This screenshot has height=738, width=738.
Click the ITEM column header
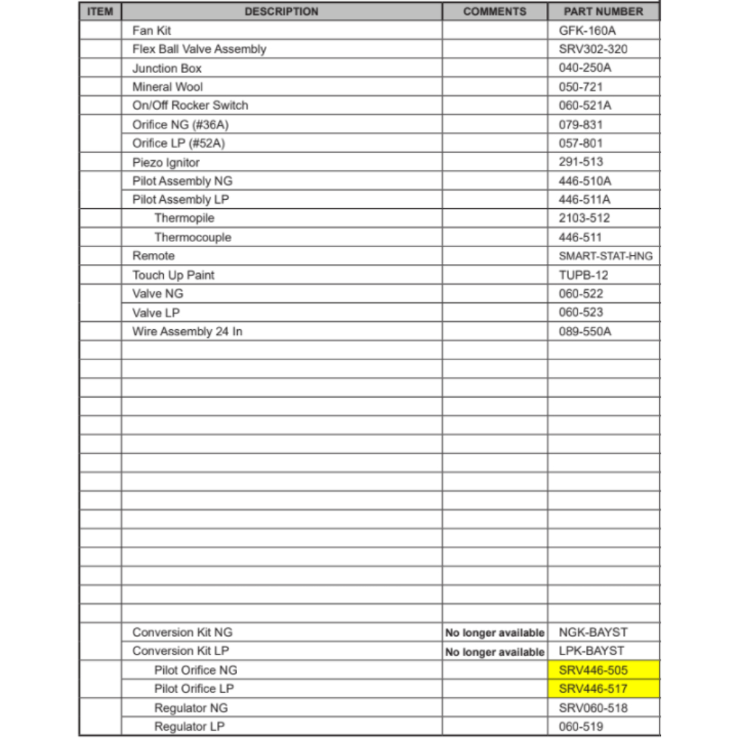click(100, 12)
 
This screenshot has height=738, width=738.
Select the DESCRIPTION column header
click(281, 12)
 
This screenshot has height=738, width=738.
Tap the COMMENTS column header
click(494, 12)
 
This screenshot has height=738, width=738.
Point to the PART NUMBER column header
click(603, 12)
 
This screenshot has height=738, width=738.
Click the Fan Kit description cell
click(152, 31)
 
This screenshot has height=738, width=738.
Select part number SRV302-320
click(593, 49)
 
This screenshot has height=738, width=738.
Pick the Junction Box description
click(167, 68)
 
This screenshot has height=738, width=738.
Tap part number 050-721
click(581, 87)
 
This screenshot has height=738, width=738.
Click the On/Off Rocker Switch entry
click(190, 106)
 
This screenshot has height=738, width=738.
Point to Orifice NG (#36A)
click(176, 125)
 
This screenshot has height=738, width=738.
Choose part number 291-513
click(581, 162)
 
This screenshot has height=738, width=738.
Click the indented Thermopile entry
click(184, 218)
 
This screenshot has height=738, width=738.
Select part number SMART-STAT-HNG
click(606, 256)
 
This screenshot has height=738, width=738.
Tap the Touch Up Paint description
click(173, 275)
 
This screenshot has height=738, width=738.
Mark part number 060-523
click(581, 313)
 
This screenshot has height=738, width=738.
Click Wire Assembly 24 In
click(187, 331)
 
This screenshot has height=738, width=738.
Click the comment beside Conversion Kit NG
click(494, 633)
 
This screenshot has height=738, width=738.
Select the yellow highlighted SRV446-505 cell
click(603, 670)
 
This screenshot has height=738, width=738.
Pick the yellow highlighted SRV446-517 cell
click(603, 689)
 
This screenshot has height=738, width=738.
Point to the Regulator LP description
click(190, 727)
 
